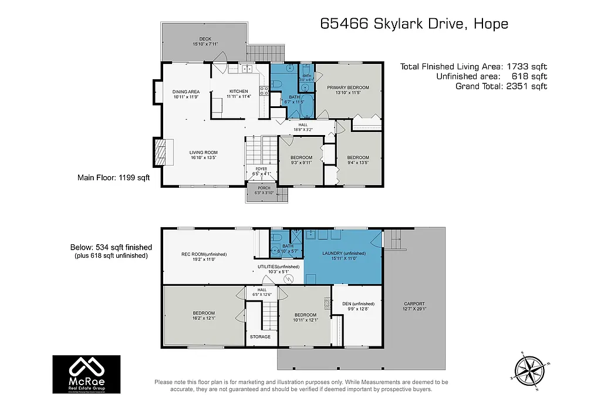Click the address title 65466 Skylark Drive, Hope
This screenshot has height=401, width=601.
[x=414, y=24]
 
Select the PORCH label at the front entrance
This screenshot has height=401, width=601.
[x=264, y=188]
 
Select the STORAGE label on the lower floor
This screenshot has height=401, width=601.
[x=260, y=336]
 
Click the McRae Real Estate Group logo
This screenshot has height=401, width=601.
[x=86, y=374]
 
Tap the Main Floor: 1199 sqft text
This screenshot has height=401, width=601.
[x=110, y=177]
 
